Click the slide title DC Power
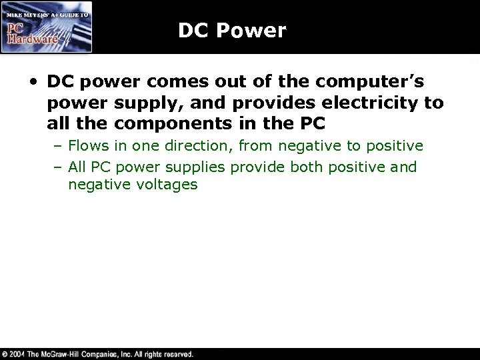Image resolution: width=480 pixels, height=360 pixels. [232, 31]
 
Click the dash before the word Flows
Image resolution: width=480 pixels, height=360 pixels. [59, 146]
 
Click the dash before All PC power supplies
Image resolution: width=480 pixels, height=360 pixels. [59, 167]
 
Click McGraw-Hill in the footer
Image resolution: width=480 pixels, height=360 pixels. [67, 354]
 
